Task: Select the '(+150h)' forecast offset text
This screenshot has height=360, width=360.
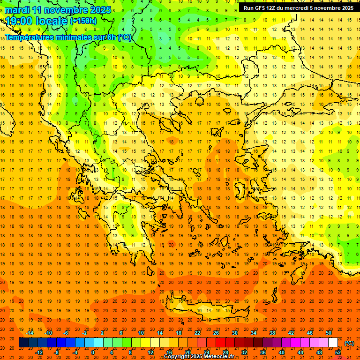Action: pos(83,21)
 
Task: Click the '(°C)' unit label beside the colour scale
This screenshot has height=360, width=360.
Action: pos(349,343)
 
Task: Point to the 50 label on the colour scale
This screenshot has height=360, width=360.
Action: pos(329,333)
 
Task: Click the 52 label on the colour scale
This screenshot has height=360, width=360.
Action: pos(338,352)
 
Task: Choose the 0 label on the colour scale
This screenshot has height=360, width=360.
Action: pos(93,352)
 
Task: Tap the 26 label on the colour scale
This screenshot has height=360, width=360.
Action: pos(216,333)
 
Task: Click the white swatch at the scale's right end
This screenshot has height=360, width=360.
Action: pos(333,343)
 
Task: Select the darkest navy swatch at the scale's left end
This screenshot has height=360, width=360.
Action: pos(23,343)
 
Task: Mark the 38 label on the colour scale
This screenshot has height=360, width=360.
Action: pos(272,333)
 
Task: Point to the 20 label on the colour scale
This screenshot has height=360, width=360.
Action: pos(187,352)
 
